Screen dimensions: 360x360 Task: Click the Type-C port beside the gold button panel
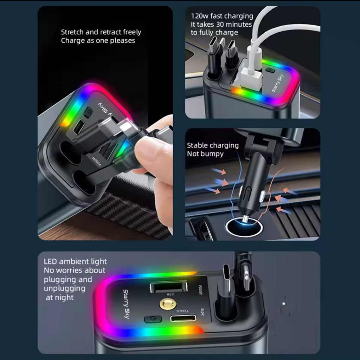point(183,319)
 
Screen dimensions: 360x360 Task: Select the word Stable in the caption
point(197,145)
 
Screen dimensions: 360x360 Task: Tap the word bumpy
point(212,154)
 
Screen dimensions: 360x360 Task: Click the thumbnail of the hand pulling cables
point(105,123)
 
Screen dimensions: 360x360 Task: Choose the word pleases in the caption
point(123,41)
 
